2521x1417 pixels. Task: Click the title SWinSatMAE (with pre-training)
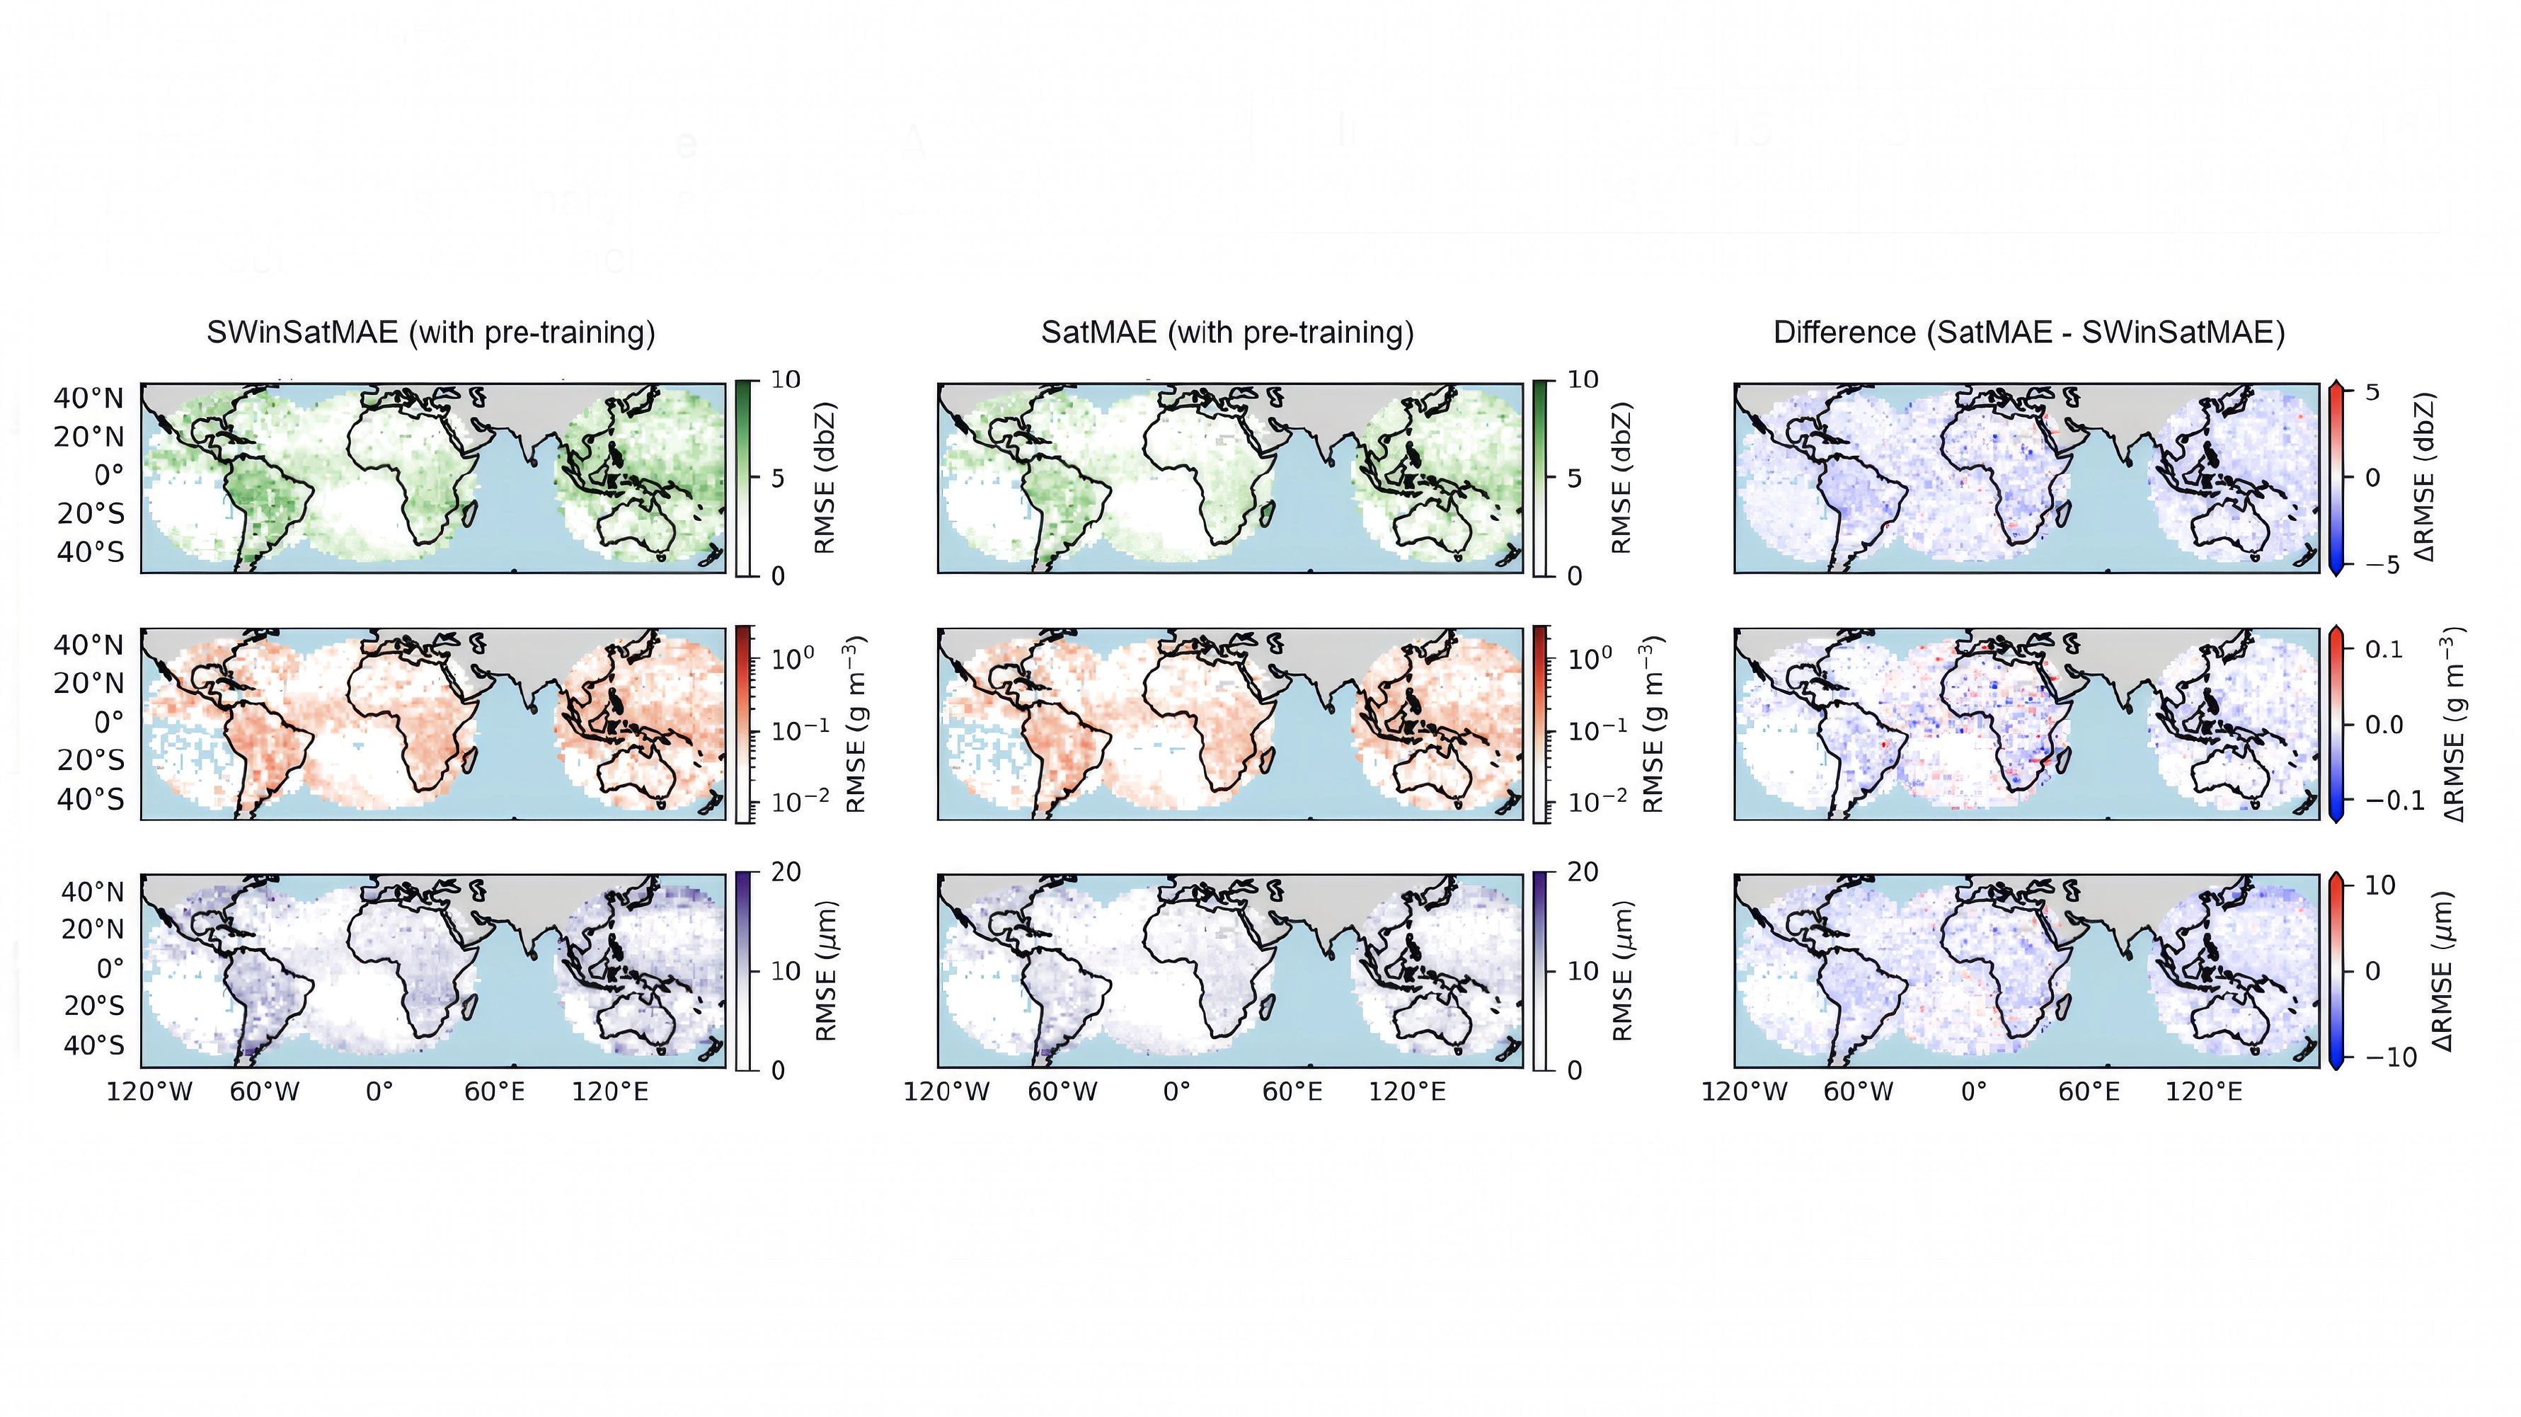pyautogui.click(x=430, y=333)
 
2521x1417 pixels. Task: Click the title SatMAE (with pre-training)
pyautogui.click(x=1227, y=333)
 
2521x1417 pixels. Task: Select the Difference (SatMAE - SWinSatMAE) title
pyautogui.click(x=2028, y=333)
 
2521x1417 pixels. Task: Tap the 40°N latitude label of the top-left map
pyautogui.click(x=89, y=398)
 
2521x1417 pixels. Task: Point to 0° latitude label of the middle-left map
pyautogui.click(x=108, y=722)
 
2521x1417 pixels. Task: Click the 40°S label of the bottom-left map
pyautogui.click(x=94, y=1045)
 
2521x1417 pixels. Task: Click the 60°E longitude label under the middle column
pyautogui.click(x=1292, y=1091)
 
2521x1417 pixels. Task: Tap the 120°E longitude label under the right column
pyautogui.click(x=2203, y=1091)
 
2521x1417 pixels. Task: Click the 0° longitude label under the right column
pyautogui.click(x=1974, y=1091)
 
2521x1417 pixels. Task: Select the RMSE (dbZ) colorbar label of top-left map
pyautogui.click(x=824, y=478)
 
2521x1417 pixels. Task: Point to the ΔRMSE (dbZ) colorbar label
pyautogui.click(x=2423, y=478)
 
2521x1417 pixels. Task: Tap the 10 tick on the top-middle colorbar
pyautogui.click(x=1583, y=379)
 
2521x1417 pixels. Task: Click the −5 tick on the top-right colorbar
pyautogui.click(x=2383, y=565)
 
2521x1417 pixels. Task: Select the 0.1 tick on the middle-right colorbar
pyautogui.click(x=2384, y=649)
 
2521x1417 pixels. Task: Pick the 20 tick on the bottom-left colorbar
pyautogui.click(x=785, y=872)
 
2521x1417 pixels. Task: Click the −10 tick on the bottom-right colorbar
pyautogui.click(x=2391, y=1057)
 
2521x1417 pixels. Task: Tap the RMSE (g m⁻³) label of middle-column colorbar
pyautogui.click(x=1652, y=724)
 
